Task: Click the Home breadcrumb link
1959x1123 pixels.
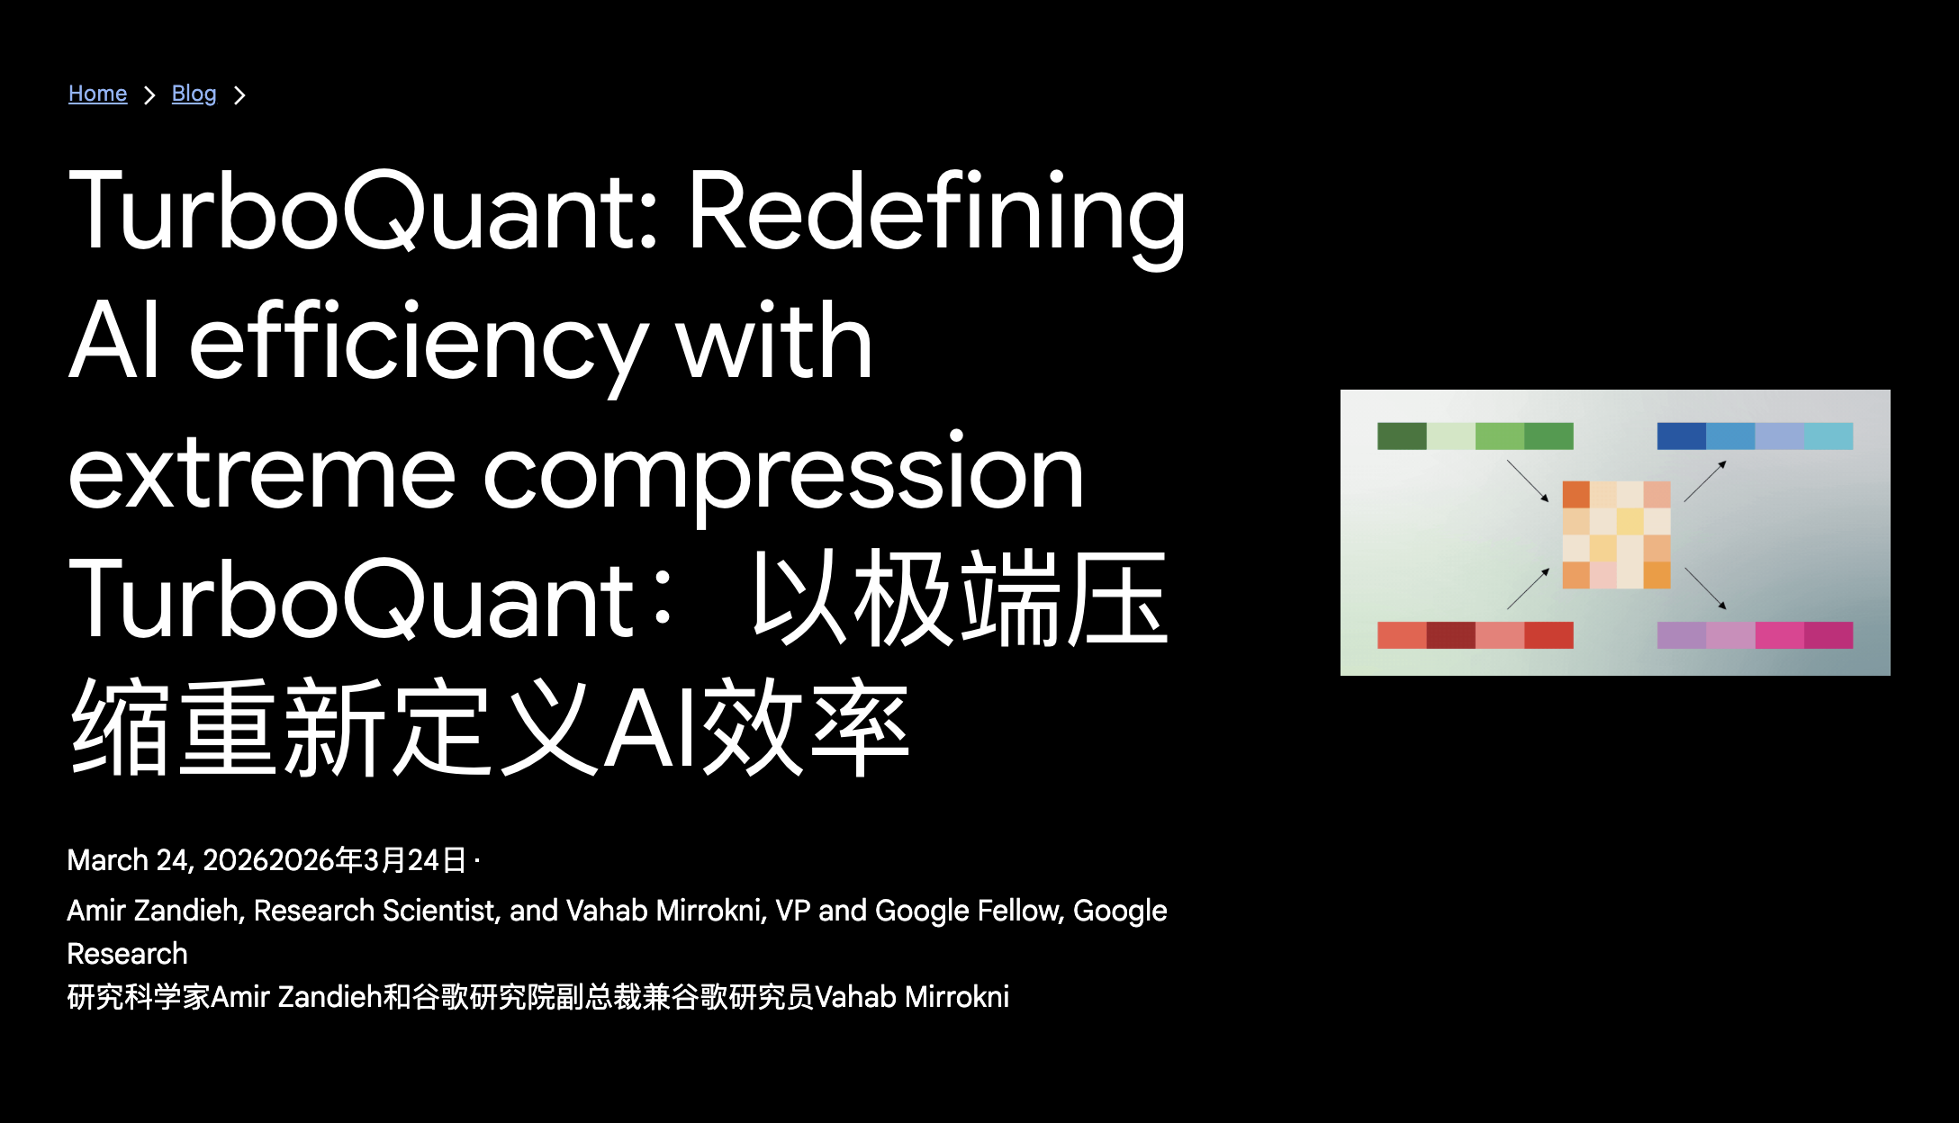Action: (x=97, y=94)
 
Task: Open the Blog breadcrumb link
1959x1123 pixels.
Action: (x=194, y=94)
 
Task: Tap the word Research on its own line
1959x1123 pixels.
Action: (x=127, y=954)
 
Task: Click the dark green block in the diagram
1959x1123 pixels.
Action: (x=1402, y=436)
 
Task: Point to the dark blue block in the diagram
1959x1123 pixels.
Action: (x=1682, y=436)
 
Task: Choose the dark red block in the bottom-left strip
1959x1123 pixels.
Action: (x=1450, y=635)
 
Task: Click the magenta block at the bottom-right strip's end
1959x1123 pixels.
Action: (x=1828, y=635)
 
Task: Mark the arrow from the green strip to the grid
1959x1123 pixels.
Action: (x=1528, y=481)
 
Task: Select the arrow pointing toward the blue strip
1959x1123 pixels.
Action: (x=1705, y=481)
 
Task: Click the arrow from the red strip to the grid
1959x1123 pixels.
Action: (x=1528, y=588)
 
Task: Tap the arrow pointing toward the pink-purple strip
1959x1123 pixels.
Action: (x=1705, y=588)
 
